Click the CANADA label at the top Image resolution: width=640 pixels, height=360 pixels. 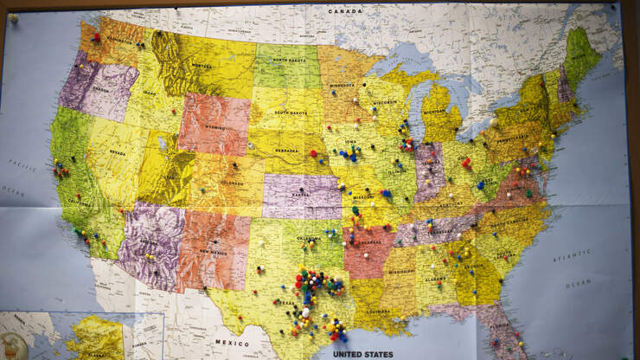[x=345, y=11]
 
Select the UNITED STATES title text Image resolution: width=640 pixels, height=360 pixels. [x=363, y=353]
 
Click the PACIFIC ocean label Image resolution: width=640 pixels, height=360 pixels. [x=22, y=164]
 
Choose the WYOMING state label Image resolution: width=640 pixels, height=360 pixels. [x=212, y=125]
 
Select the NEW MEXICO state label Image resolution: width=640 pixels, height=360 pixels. [x=213, y=251]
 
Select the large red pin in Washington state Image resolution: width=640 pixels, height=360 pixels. [x=96, y=37]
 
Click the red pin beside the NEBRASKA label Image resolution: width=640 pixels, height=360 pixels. [x=313, y=153]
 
